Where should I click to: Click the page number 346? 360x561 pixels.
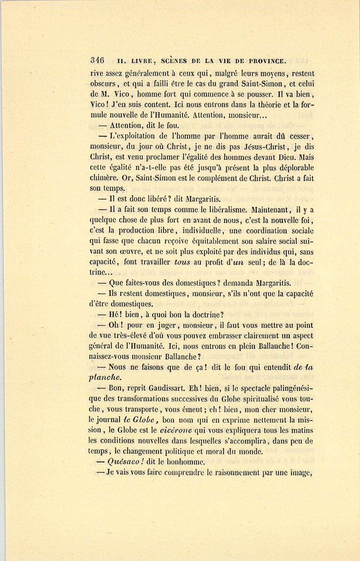pyautogui.click(x=97, y=60)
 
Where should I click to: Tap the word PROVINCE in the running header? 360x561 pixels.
pyautogui.click(x=267, y=61)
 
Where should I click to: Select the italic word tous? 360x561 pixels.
pyautogui.click(x=183, y=262)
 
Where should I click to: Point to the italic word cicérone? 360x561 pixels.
pyautogui.click(x=176, y=430)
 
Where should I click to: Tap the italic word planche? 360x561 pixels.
pyautogui.click(x=105, y=377)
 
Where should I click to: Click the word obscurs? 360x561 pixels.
pyautogui.click(x=103, y=84)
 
